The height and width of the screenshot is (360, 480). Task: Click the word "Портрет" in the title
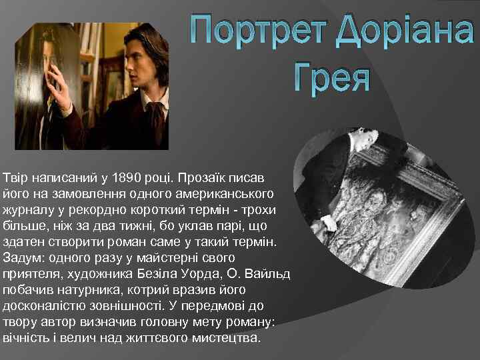tap(253, 29)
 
